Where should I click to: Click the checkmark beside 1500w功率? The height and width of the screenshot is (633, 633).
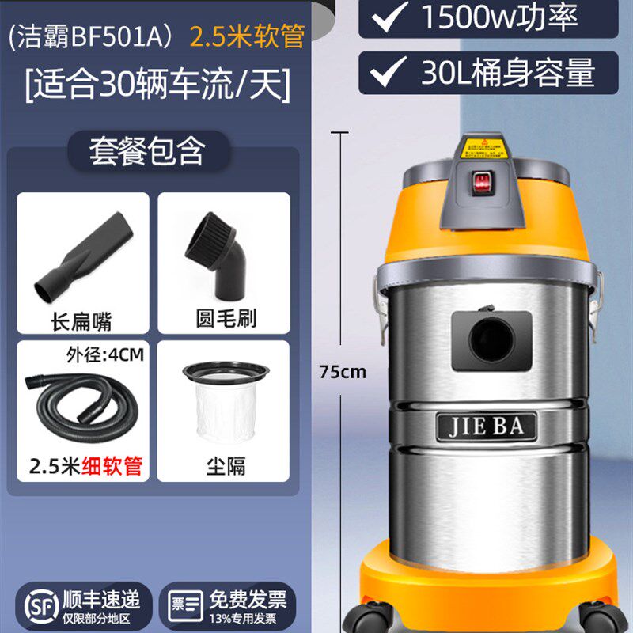(x=388, y=17)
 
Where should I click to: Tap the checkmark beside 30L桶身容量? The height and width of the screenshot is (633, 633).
(x=388, y=74)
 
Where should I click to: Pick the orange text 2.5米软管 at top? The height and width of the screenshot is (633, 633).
(x=246, y=37)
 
